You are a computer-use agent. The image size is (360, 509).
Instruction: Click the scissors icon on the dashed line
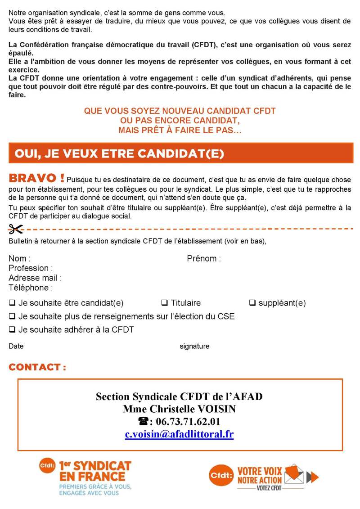16,229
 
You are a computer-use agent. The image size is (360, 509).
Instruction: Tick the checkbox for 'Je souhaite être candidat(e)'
12,302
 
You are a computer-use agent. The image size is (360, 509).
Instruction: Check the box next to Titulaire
164,302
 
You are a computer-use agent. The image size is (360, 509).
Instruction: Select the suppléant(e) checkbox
252,302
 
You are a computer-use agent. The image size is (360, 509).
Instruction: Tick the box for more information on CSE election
12,316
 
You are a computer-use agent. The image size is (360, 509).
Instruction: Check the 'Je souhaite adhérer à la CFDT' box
12,329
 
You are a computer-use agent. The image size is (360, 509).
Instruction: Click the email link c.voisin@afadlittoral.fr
179,434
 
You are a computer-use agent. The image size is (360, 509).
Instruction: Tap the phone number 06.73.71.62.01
188,422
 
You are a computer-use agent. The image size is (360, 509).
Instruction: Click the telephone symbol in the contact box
144,422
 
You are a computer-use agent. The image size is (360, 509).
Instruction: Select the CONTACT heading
37,367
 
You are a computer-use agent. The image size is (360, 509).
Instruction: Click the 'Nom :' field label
20,259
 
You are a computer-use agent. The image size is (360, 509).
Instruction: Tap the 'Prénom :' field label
204,259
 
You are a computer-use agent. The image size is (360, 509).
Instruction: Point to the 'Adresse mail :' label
35,278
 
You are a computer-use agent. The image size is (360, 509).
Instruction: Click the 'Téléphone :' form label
31,288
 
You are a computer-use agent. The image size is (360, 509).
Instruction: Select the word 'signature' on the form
194,346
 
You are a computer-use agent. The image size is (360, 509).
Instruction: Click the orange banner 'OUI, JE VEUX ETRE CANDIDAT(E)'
180,153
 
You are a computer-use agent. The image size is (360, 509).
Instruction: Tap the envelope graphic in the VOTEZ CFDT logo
294,474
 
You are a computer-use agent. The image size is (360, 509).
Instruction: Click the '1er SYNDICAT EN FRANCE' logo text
95,471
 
